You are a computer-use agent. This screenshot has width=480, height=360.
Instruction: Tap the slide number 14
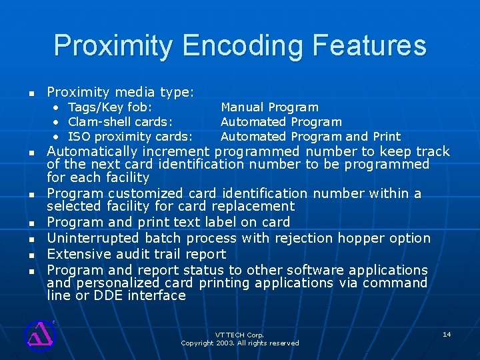pyautogui.click(x=447, y=333)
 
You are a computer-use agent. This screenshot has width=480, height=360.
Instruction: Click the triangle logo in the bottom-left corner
pyautogui.click(x=39, y=334)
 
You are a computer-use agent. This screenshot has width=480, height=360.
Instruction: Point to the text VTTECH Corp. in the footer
pyautogui.click(x=239, y=335)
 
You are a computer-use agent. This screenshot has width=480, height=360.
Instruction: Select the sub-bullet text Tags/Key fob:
pyautogui.click(x=110, y=107)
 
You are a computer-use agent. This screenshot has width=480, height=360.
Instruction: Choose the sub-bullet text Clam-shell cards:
pyautogui.click(x=121, y=122)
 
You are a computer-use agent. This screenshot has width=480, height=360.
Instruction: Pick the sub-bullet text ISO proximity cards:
pyautogui.click(x=131, y=137)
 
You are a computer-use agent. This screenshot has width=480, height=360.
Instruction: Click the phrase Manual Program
pyautogui.click(x=269, y=107)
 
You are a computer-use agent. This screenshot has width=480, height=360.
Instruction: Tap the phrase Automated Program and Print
pyautogui.click(x=311, y=137)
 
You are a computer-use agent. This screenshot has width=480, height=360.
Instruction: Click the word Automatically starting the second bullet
pyautogui.click(x=93, y=151)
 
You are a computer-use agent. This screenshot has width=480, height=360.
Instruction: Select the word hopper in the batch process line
pyautogui.click(x=363, y=238)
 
